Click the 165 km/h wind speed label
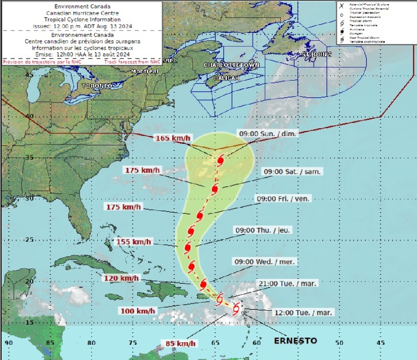click(x=173, y=139)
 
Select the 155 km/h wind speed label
click(x=133, y=242)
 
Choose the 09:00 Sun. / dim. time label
click(x=268, y=134)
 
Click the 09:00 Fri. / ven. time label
click(x=282, y=199)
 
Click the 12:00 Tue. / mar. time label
click(x=303, y=312)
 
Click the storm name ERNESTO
click(x=296, y=341)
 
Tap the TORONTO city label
click(x=97, y=85)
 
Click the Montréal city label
click(x=145, y=71)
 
